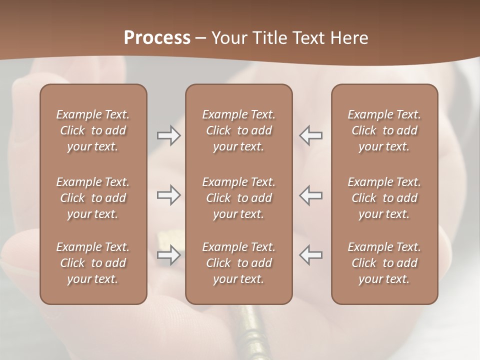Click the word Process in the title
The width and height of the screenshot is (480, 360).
click(x=157, y=38)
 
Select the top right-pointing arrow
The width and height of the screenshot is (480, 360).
click(x=169, y=135)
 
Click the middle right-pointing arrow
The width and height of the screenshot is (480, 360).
click(x=169, y=195)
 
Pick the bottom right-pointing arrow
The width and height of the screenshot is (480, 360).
click(x=169, y=255)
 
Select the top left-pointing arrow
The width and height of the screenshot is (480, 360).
click(x=310, y=135)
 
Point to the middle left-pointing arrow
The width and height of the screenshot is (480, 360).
click(x=310, y=195)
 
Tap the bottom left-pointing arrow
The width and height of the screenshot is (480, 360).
click(x=310, y=255)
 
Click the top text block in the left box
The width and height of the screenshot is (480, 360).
click(x=93, y=130)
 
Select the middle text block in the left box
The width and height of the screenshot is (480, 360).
click(x=93, y=198)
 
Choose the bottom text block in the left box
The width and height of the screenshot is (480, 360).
click(x=93, y=263)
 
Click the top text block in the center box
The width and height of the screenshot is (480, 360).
click(x=238, y=130)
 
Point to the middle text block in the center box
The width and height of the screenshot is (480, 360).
click(x=238, y=198)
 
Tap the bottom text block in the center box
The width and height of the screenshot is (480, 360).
click(x=238, y=263)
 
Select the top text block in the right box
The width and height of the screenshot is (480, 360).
click(x=384, y=130)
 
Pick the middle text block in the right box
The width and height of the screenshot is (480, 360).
click(x=384, y=198)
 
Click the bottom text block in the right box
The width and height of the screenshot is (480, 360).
click(x=384, y=263)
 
